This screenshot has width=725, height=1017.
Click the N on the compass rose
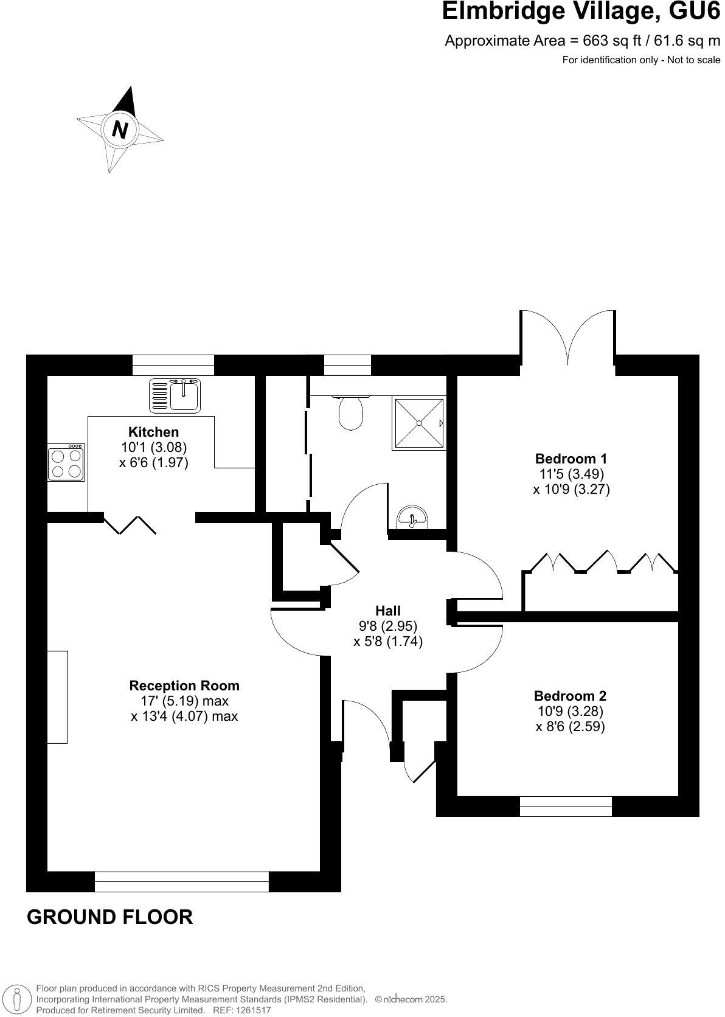click(120, 130)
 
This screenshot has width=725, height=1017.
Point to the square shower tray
click(418, 423)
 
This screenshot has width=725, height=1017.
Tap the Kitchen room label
click(154, 432)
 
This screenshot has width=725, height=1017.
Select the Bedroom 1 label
click(571, 459)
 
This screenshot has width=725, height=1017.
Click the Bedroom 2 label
click(570, 696)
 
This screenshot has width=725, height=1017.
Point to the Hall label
click(387, 611)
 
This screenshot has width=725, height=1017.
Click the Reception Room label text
click(184, 686)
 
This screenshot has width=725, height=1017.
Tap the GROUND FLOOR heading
click(110, 917)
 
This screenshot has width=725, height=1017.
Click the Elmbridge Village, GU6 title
click(580, 12)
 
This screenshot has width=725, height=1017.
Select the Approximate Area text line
click(582, 41)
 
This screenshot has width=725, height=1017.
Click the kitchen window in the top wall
click(173, 365)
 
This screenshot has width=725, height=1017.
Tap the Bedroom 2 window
click(566, 806)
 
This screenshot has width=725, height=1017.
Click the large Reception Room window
click(181, 881)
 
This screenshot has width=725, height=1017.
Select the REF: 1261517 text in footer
click(241, 1010)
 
